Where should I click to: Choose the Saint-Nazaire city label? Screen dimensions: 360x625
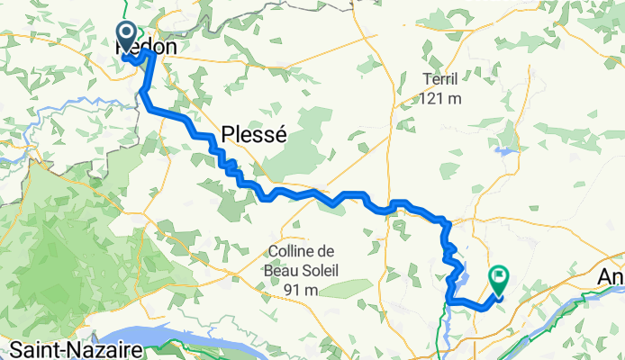tap(61, 348)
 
